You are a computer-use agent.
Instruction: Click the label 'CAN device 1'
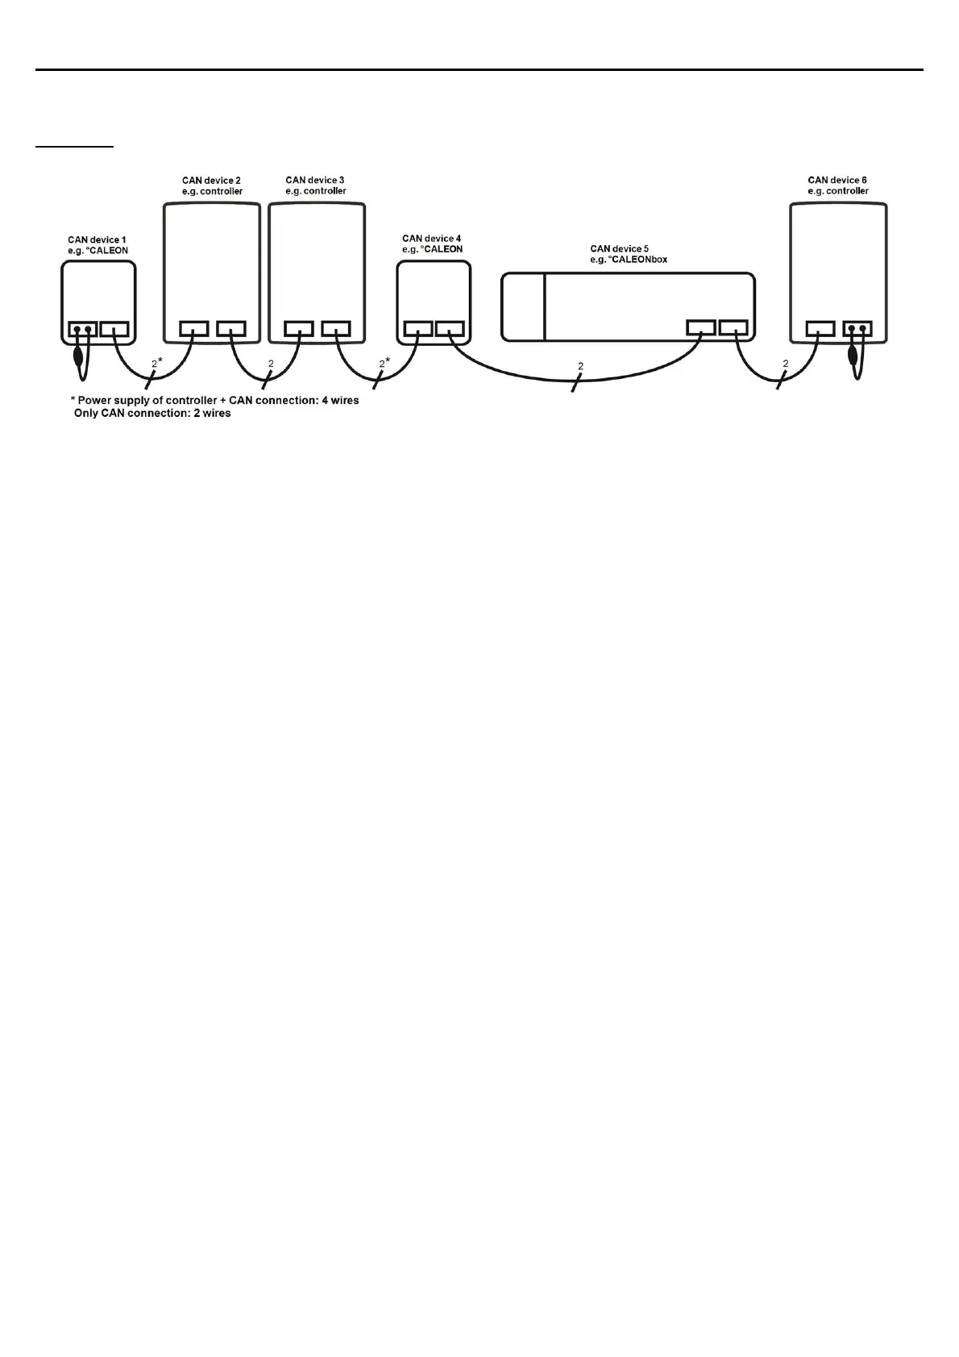97,240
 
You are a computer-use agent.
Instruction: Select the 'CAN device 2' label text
211,181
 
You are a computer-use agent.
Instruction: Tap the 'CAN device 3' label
315,181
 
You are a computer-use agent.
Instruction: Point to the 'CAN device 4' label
432,239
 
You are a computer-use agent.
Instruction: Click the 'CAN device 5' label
619,249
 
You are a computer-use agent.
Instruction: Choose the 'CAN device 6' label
837,181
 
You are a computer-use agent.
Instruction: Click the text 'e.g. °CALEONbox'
629,260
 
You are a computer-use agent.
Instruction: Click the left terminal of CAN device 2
193,329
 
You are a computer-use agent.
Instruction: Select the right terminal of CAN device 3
335,329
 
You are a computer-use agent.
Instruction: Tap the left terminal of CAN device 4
418,329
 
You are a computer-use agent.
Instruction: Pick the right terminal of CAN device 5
733,327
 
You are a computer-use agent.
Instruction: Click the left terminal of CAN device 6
820,329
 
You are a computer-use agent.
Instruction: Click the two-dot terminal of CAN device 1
82,329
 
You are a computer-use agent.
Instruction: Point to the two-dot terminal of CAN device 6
857,329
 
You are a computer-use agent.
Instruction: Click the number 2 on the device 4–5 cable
580,367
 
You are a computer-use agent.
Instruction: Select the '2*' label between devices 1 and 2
156,364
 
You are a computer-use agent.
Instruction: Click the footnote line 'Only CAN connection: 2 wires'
152,413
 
